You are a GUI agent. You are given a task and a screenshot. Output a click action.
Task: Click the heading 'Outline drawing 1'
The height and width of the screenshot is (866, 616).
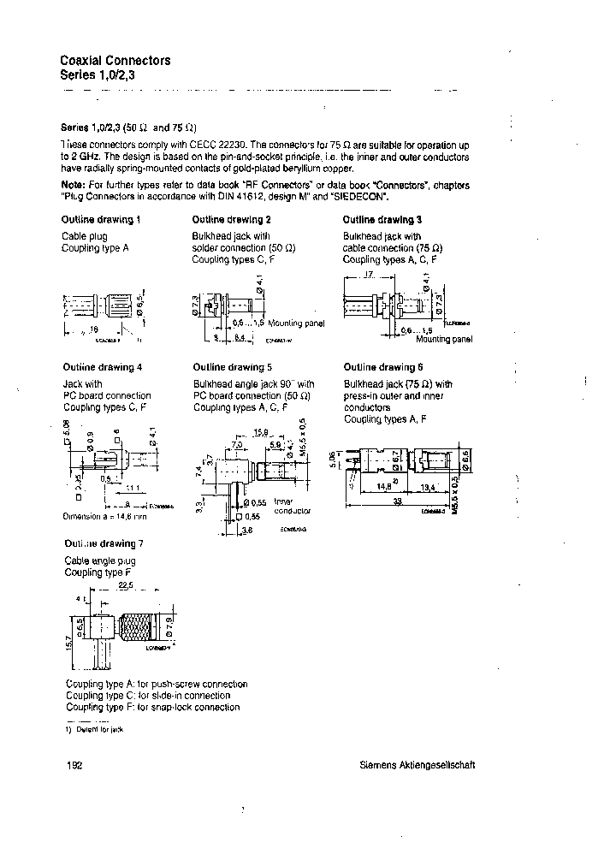(101, 220)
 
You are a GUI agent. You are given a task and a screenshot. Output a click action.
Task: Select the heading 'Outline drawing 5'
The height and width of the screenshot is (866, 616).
(232, 368)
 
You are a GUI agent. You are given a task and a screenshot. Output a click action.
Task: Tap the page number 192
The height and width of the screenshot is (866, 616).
(72, 766)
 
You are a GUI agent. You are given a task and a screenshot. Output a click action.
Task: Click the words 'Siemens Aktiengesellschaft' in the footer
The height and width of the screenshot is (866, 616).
(417, 766)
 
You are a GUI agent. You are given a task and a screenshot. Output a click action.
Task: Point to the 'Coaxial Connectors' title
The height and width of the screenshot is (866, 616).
(115, 61)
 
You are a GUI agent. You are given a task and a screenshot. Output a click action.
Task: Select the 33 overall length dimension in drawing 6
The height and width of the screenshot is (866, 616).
(397, 503)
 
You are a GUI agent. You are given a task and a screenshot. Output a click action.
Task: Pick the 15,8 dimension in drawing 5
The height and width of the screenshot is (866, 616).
(261, 433)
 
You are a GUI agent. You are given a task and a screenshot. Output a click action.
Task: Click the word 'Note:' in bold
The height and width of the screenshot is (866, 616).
(73, 185)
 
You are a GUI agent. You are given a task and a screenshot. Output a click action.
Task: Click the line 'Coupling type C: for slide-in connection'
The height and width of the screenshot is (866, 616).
(148, 696)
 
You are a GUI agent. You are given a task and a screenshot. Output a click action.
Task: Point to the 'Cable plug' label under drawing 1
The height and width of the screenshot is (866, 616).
(83, 235)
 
